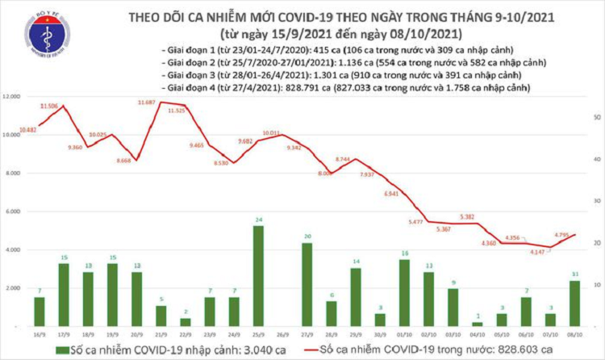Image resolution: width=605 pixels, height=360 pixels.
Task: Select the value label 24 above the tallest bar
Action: (257, 219)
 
